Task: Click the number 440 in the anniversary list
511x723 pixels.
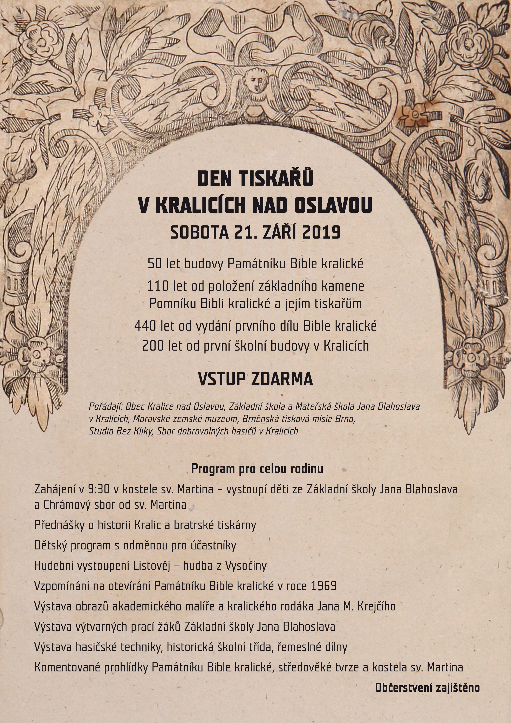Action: coord(145,326)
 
